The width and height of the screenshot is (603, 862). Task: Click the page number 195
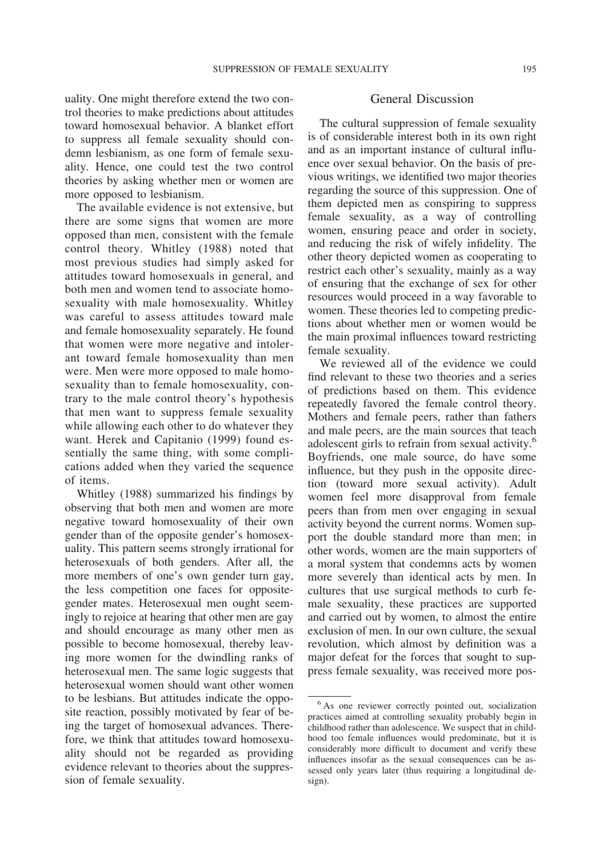[529, 69]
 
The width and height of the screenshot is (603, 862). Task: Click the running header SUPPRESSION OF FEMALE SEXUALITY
[300, 69]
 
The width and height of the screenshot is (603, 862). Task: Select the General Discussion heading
[421, 99]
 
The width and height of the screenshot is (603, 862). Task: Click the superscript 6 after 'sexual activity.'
[534, 440]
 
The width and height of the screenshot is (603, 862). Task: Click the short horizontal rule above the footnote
[329, 696]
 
